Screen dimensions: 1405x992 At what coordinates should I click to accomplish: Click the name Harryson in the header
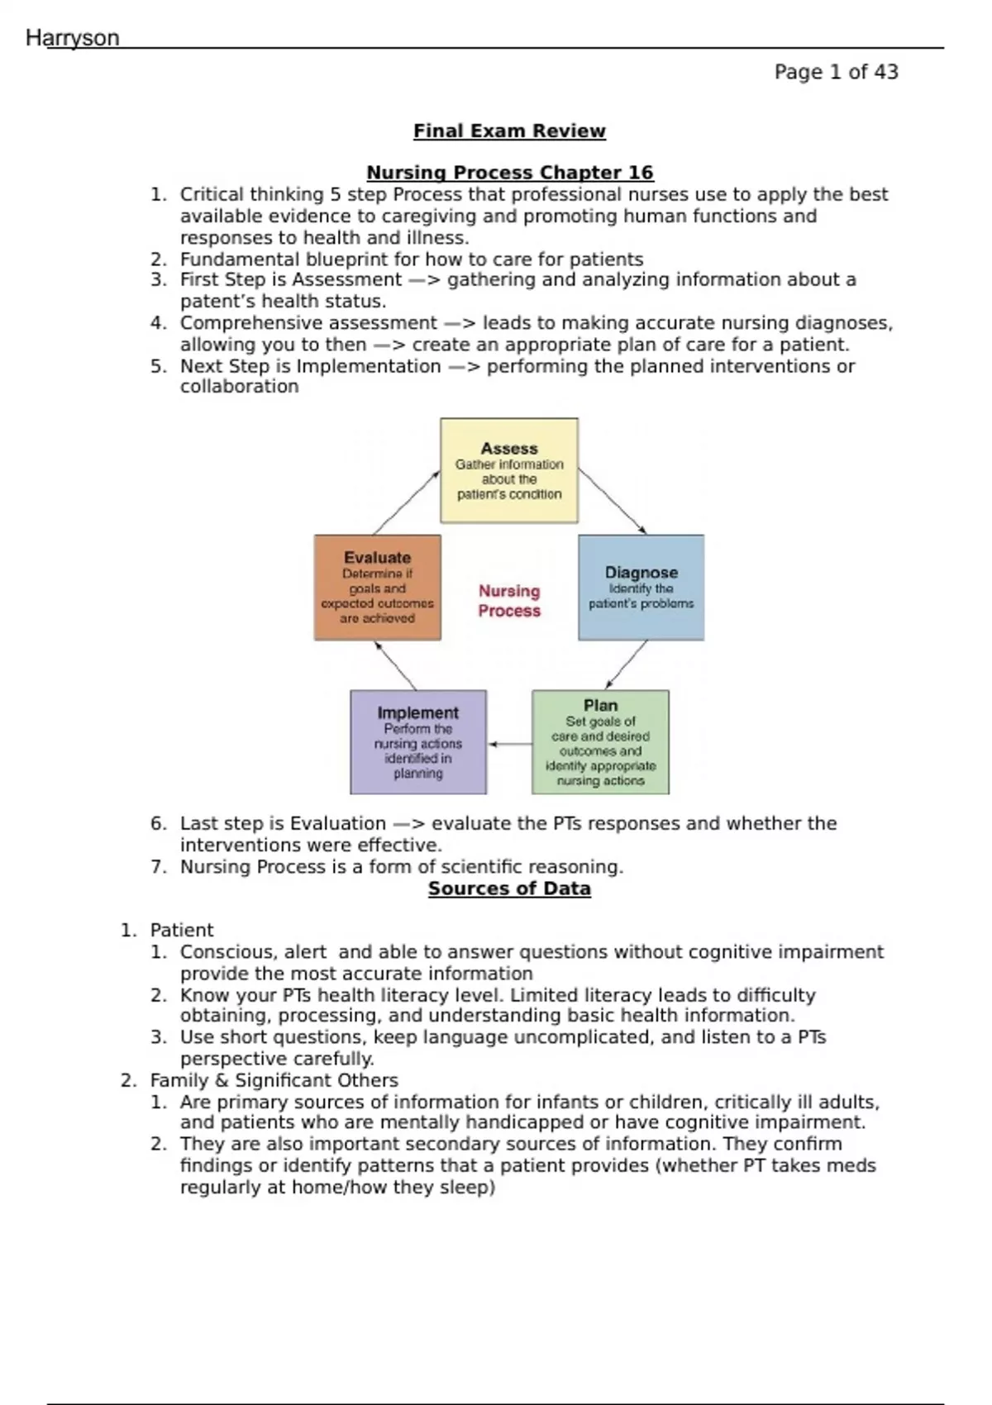[73, 38]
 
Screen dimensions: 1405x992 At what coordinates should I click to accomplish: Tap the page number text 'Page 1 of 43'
[836, 73]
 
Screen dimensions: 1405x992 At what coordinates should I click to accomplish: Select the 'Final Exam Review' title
[509, 131]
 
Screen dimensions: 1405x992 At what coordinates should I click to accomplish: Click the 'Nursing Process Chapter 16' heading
[509, 173]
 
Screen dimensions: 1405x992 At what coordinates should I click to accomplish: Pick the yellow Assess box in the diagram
[509, 470]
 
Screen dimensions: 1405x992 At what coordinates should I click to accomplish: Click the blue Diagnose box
[641, 588]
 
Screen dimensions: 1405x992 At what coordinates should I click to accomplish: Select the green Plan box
[600, 742]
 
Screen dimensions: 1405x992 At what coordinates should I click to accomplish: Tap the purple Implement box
[418, 742]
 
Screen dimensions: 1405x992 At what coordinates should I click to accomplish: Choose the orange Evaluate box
[377, 588]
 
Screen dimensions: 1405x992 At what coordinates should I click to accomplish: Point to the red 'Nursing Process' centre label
[509, 601]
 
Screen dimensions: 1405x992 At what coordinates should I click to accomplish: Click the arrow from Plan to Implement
[509, 744]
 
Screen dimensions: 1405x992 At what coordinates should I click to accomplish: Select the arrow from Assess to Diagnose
[612, 502]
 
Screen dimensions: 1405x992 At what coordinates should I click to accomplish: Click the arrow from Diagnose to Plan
[626, 664]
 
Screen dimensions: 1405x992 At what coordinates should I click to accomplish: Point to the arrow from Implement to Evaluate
[395, 665]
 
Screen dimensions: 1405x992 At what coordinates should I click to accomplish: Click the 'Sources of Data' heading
[509, 889]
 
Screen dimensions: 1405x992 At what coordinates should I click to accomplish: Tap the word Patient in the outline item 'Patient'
[181, 931]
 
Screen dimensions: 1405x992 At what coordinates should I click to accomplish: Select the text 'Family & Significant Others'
[274, 1081]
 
